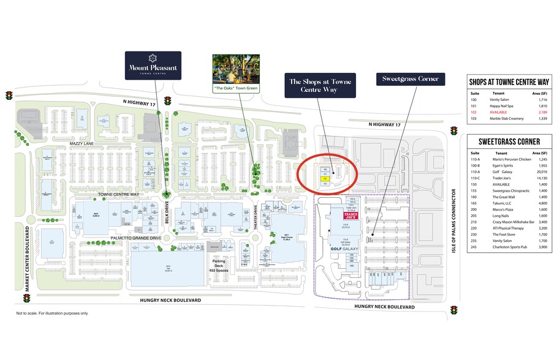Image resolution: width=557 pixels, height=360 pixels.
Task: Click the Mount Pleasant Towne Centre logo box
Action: click(x=153, y=66)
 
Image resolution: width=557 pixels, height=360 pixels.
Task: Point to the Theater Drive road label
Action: click(x=256, y=216)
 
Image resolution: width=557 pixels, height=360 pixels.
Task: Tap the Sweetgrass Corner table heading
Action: click(x=505, y=141)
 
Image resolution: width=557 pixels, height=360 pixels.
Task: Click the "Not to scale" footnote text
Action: click(x=52, y=313)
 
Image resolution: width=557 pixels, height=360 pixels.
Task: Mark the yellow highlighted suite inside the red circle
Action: click(x=325, y=179)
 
